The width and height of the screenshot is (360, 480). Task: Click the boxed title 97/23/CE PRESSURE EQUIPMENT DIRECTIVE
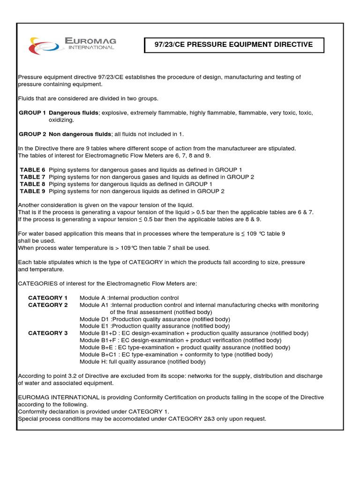click(233, 45)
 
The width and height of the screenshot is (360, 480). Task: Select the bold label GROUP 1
click(32, 113)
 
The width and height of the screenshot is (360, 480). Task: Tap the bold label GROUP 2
click(32, 134)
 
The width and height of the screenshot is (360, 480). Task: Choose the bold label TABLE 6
click(32, 170)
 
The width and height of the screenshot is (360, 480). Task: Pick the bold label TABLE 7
click(32, 177)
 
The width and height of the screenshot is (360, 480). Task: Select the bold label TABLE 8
click(32, 184)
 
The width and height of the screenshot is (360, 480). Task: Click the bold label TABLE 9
click(32, 191)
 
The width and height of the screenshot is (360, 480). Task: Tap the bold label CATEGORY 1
click(48, 298)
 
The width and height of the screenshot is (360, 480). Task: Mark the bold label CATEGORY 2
click(48, 305)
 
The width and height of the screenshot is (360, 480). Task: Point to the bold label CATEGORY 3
click(48, 333)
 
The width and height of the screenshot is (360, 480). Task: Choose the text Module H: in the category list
click(92, 362)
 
